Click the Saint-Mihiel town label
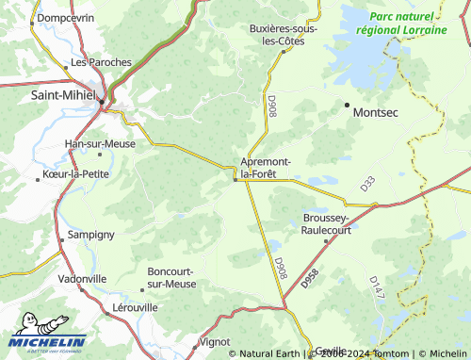coord(63,96)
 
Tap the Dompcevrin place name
coord(66,18)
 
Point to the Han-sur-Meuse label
coord(100,144)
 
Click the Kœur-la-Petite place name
coord(76,174)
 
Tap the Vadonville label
coord(82,279)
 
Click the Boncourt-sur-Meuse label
coord(172,278)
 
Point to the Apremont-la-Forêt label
coord(266,169)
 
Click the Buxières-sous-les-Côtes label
coord(283,35)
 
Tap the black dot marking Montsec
coord(347,104)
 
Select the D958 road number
coord(311,278)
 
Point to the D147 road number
coord(375,286)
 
